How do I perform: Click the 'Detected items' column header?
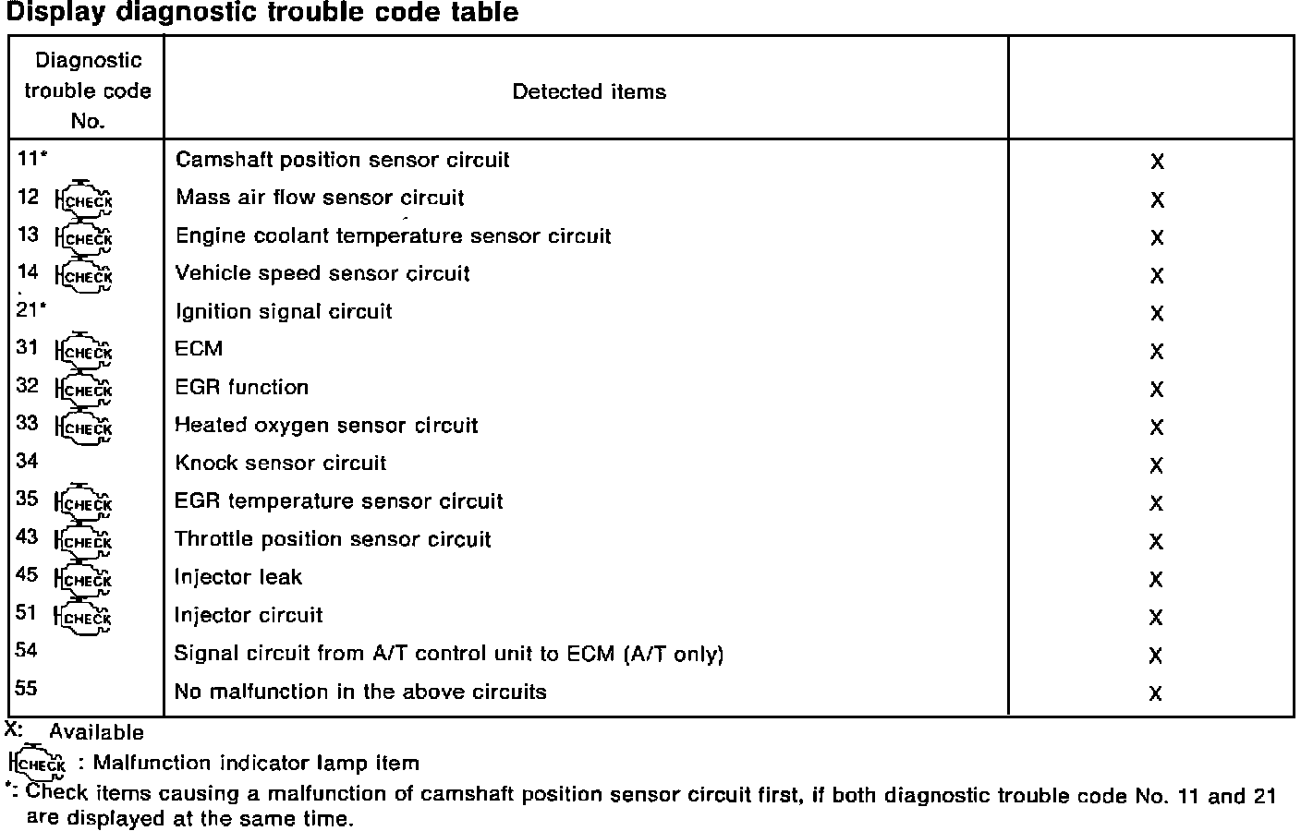pyautogui.click(x=589, y=91)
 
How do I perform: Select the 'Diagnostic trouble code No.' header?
pyautogui.click(x=88, y=90)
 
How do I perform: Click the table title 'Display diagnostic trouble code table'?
pyautogui.click(x=262, y=13)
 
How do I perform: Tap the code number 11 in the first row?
pyautogui.click(x=28, y=158)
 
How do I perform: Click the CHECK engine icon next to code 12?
pyautogui.click(x=84, y=200)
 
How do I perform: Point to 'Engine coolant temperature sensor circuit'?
pyautogui.click(x=393, y=235)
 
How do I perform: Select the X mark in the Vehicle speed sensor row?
pyautogui.click(x=1157, y=276)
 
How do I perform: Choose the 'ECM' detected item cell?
pyautogui.click(x=199, y=348)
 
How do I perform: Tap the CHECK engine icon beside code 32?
pyautogui.click(x=84, y=390)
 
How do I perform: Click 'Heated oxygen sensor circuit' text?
pyautogui.click(x=326, y=425)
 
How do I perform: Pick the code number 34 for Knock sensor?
pyautogui.click(x=27, y=461)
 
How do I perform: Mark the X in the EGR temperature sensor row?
pyautogui.click(x=1156, y=503)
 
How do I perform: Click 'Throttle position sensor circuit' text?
pyautogui.click(x=333, y=539)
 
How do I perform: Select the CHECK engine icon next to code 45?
pyautogui.click(x=84, y=579)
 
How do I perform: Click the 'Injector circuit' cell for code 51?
pyautogui.click(x=249, y=615)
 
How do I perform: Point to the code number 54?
pyautogui.click(x=26, y=650)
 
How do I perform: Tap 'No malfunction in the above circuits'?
pyautogui.click(x=360, y=692)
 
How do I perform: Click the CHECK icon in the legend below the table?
pyautogui.click(x=38, y=764)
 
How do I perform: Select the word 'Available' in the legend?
pyautogui.click(x=96, y=732)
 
